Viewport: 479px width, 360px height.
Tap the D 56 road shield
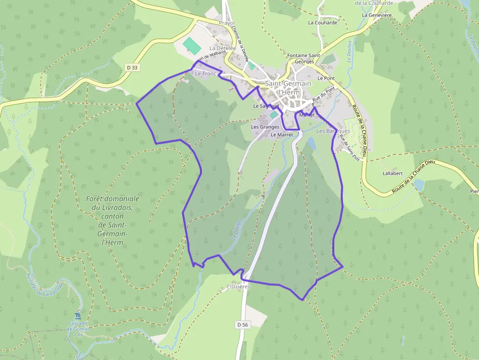pyautogui.click(x=243, y=324)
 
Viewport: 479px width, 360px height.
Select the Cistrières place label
pyautogui.click(x=239, y=287)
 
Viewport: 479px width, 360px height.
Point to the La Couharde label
pyautogui.click(x=323, y=22)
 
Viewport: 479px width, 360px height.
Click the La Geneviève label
pyautogui.click(x=377, y=15)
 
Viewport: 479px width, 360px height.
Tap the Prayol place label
pyautogui.click(x=227, y=23)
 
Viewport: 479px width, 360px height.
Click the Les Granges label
pyautogui.click(x=265, y=127)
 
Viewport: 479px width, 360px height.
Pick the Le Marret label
pyautogui.click(x=282, y=134)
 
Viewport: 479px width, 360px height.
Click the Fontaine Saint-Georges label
pyautogui.click(x=304, y=59)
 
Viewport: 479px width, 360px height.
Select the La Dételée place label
pyautogui.click(x=222, y=48)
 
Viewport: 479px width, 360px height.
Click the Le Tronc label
pyautogui.click(x=205, y=73)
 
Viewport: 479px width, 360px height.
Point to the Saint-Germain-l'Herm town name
pyautogui.click(x=288, y=88)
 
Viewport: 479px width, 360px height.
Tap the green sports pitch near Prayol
pyautogui.click(x=192, y=45)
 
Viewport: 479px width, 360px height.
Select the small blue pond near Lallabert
pyautogui.click(x=418, y=185)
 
